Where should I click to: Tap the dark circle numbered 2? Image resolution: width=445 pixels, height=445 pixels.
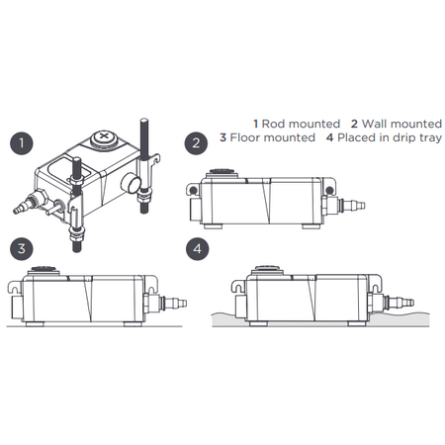coord(199,143)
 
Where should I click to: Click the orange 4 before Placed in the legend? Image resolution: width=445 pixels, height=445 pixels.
coord(329,137)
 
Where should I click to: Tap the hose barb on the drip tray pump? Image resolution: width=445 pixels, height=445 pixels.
coord(400,297)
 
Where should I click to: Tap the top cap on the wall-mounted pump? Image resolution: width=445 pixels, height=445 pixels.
coord(215,178)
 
